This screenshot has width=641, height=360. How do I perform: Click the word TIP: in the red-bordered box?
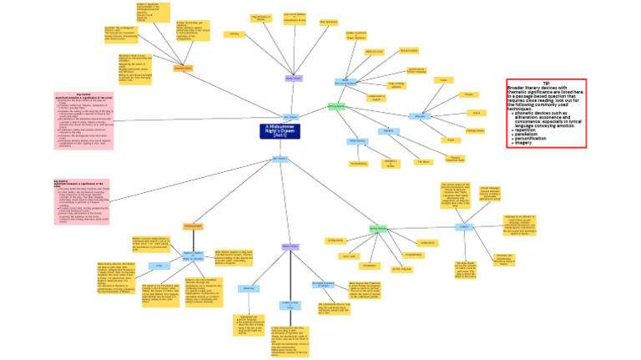[546, 84]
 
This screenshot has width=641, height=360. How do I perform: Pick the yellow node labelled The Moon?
[424, 161]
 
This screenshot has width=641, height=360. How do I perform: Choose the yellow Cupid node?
[452, 139]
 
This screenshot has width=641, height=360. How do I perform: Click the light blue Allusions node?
[421, 116]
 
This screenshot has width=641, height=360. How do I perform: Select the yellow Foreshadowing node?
[359, 163]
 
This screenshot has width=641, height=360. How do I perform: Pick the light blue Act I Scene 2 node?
[280, 159]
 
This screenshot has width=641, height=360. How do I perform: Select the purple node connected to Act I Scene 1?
[294, 79]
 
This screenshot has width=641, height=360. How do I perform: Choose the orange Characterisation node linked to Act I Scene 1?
[183, 68]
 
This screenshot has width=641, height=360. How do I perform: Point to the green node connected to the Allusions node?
[336, 107]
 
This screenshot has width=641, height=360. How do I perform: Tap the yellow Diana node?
[444, 80]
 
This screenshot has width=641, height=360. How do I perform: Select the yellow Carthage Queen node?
[475, 130]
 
